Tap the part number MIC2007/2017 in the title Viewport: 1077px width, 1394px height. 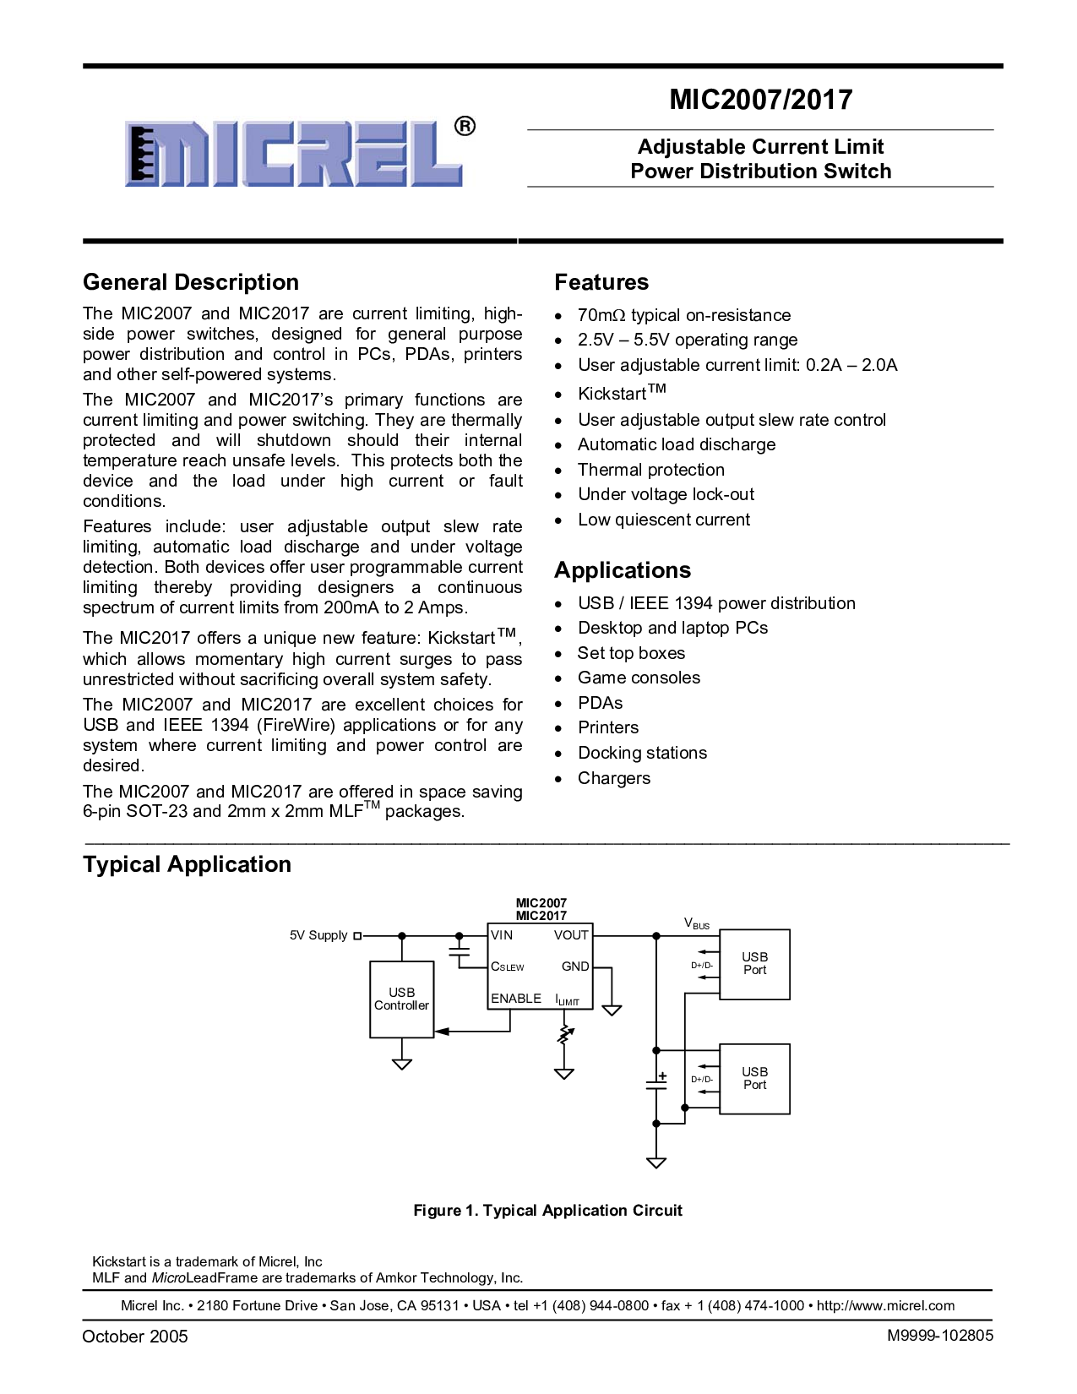pos(761,100)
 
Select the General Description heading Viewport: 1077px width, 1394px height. pos(191,282)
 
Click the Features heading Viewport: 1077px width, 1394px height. pos(601,282)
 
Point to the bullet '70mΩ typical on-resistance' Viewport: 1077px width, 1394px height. pos(683,315)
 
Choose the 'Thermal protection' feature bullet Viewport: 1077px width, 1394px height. pos(651,470)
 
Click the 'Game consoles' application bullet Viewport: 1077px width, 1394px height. pos(639,678)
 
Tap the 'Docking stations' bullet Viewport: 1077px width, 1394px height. pos(642,753)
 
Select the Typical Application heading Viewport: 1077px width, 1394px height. pos(187,865)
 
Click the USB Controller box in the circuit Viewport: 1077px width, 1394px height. pos(401,999)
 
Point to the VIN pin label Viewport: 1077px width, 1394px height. pos(502,934)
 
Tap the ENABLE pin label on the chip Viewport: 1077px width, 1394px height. pos(516,999)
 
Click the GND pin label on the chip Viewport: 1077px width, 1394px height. pos(574,967)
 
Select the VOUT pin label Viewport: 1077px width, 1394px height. pos(571,934)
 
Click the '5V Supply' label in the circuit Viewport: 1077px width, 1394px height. pos(318,935)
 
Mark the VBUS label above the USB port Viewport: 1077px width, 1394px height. pos(697,923)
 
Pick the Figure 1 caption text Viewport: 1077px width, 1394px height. pos(548,1211)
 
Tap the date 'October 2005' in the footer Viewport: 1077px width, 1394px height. pos(134,1337)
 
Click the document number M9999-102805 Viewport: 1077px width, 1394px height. pos(940,1336)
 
